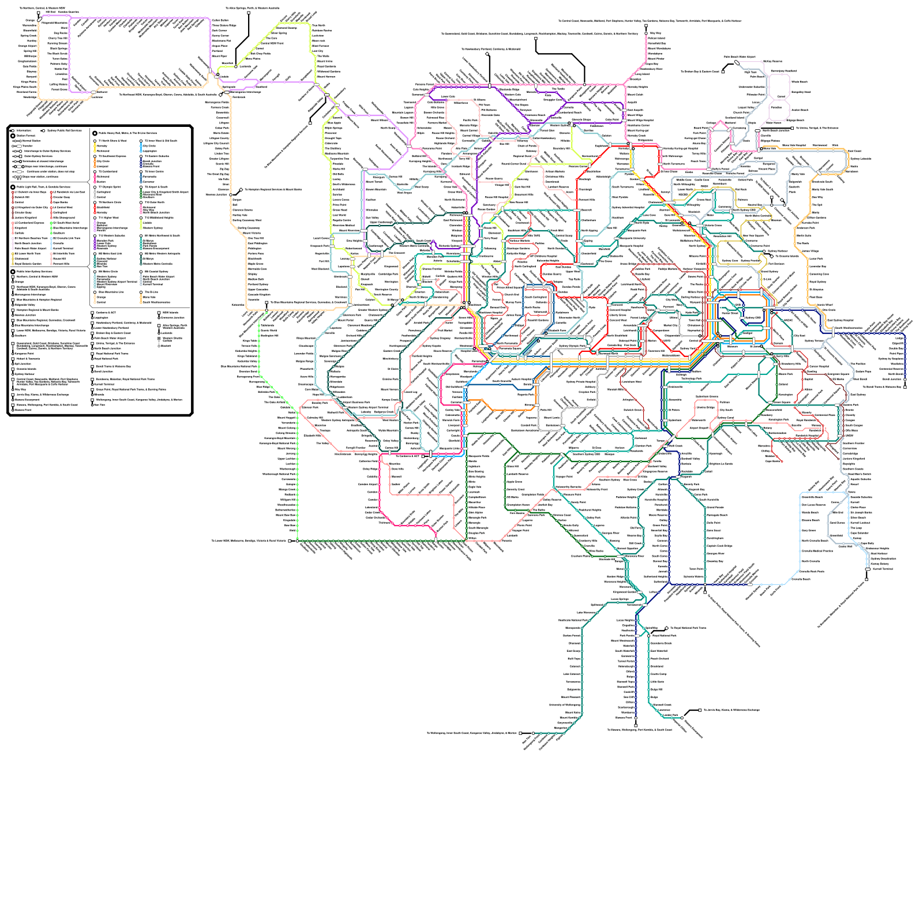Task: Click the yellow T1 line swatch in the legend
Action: [x=95, y=148]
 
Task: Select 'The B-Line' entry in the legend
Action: [x=149, y=292]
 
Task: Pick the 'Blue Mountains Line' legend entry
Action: [x=111, y=292]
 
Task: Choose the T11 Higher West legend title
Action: [x=108, y=217]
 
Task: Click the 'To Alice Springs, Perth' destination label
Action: [x=253, y=9]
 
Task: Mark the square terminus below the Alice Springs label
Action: [x=249, y=12]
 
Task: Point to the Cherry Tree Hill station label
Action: [x=58, y=38]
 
